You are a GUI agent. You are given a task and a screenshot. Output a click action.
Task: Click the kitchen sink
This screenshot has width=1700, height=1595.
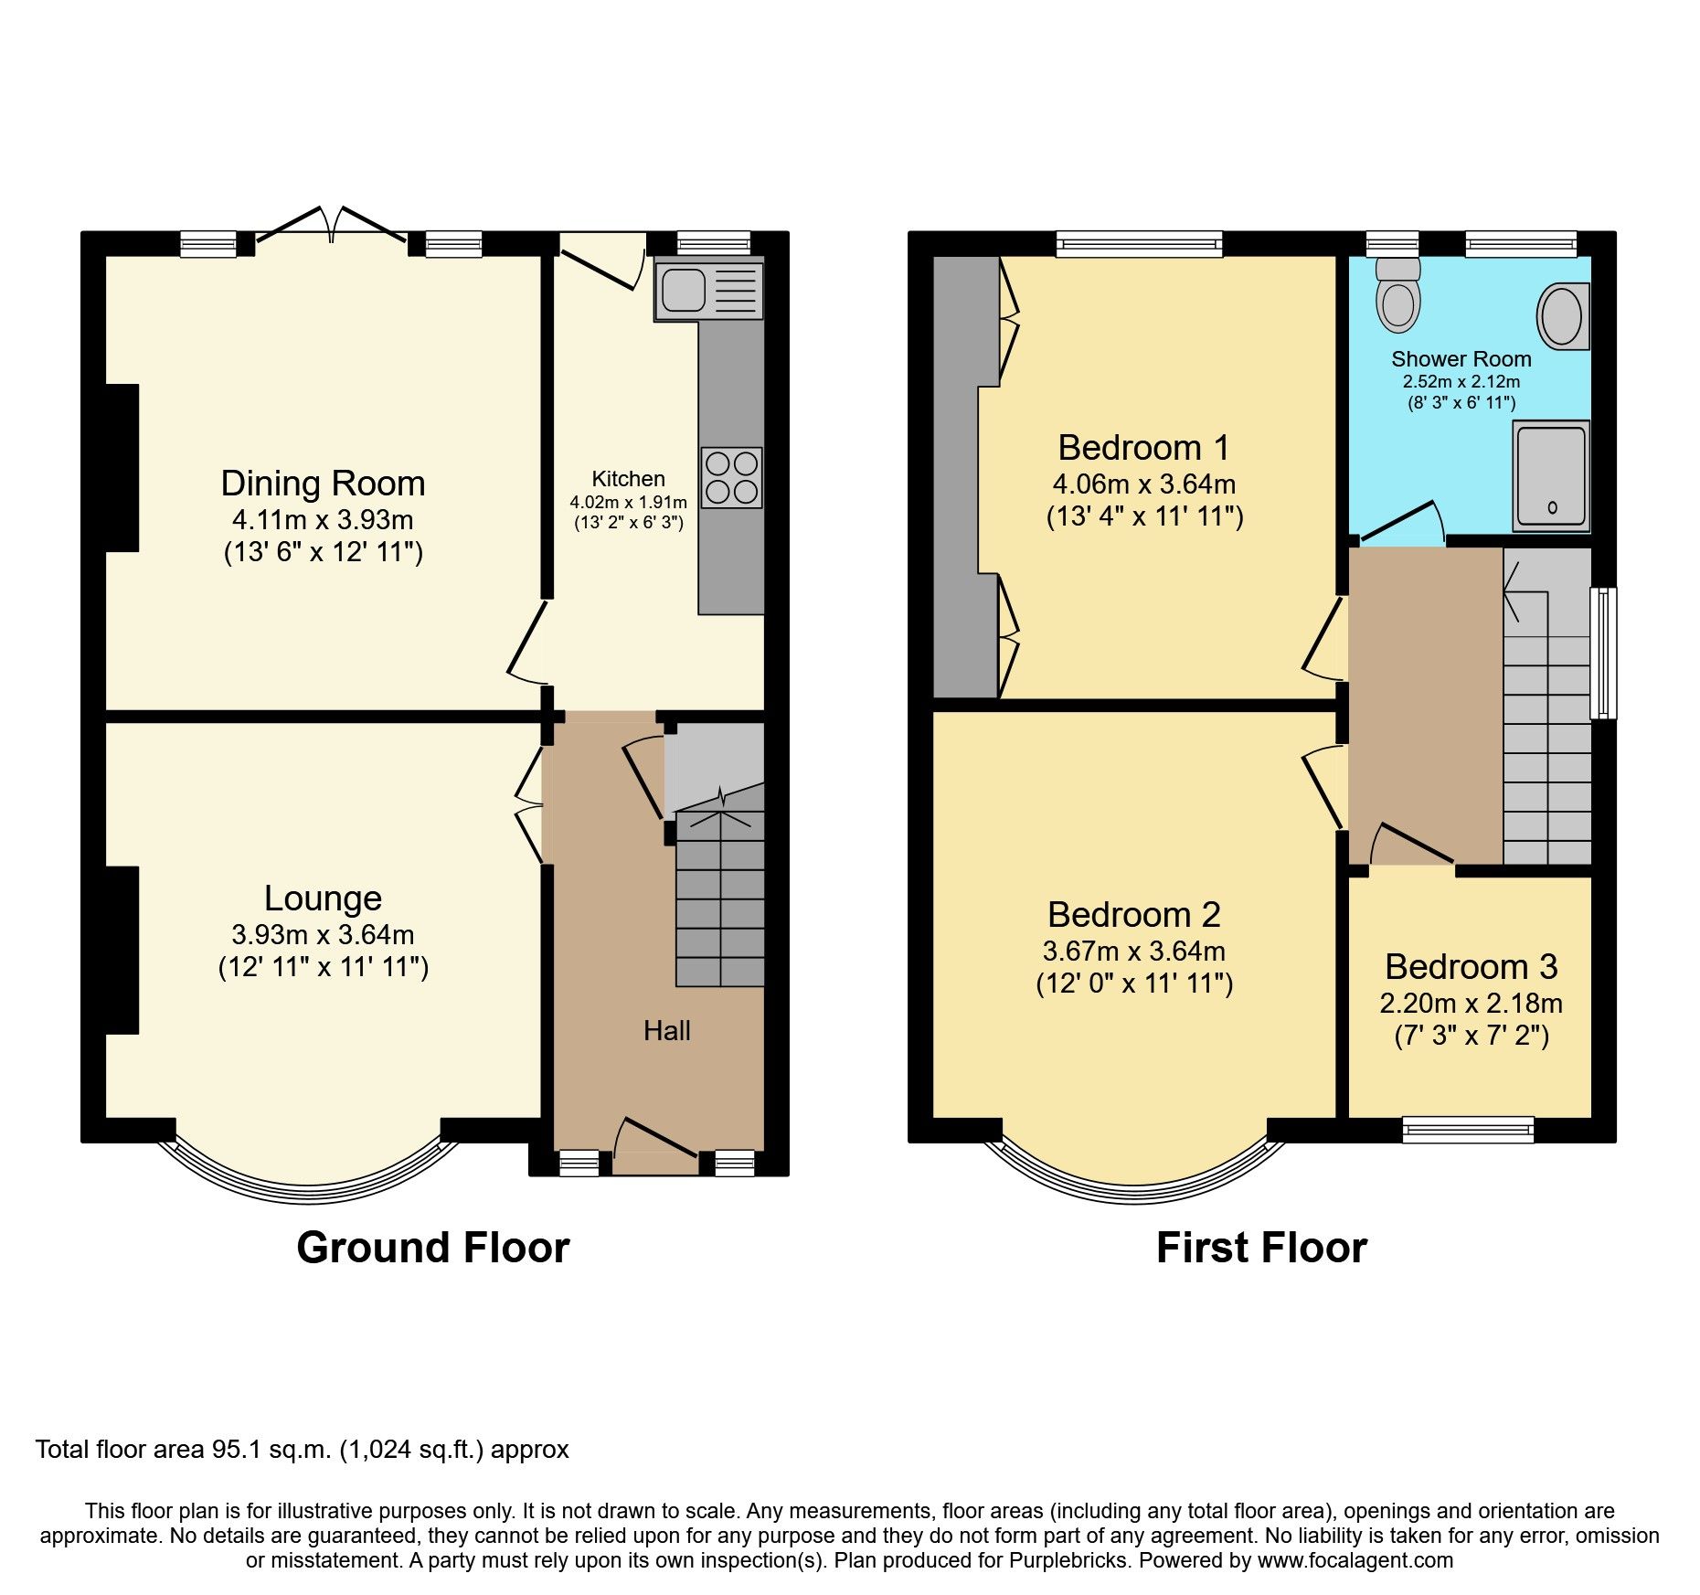tap(708, 289)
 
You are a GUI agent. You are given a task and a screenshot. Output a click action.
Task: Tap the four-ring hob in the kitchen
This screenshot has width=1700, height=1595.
tap(732, 477)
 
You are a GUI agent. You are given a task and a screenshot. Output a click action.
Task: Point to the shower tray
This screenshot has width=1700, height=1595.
tap(1551, 475)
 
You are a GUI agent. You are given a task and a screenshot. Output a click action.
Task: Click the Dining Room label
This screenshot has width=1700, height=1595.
tap(323, 483)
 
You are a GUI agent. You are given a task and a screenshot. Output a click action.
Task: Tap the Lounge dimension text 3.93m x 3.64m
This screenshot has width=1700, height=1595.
tap(323, 934)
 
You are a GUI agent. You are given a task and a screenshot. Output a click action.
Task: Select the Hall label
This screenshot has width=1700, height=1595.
tap(666, 1031)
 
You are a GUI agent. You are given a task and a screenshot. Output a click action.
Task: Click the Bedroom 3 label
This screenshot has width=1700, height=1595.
tap(1471, 966)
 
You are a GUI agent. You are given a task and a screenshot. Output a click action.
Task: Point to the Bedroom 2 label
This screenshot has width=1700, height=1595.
tap(1133, 914)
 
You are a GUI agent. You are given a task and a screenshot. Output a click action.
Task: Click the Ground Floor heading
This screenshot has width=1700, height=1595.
tap(432, 1248)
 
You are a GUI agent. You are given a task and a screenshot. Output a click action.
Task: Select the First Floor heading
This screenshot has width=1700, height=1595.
tap(1261, 1248)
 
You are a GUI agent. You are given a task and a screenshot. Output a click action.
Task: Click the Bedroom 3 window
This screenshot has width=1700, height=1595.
tap(1468, 1130)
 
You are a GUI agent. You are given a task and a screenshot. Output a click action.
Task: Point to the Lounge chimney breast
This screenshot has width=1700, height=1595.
tap(122, 951)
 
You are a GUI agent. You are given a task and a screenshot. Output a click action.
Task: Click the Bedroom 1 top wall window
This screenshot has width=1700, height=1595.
tap(1139, 243)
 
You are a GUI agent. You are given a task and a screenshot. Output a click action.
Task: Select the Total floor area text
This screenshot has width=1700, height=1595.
tap(302, 1450)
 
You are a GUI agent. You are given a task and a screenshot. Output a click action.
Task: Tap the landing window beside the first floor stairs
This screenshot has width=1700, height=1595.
tap(1603, 653)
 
